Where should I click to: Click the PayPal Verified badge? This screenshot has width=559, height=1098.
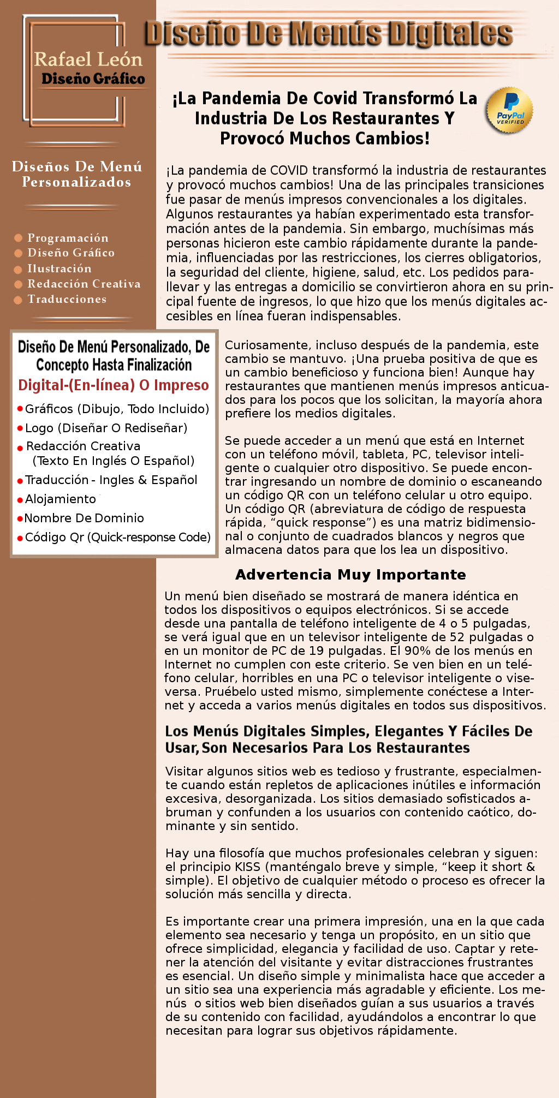(x=509, y=111)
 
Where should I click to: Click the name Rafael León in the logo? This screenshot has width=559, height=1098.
(x=88, y=59)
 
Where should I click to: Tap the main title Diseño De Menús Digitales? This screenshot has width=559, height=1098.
(x=329, y=34)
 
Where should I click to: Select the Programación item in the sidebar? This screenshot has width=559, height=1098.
(x=68, y=238)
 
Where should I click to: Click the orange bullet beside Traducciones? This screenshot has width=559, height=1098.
(x=18, y=300)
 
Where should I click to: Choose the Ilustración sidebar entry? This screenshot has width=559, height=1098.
(x=60, y=268)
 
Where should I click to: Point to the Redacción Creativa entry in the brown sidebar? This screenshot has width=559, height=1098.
(x=84, y=284)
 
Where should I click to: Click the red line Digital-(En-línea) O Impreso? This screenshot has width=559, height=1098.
(x=114, y=385)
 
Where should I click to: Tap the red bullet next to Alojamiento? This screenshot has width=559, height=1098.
(x=20, y=500)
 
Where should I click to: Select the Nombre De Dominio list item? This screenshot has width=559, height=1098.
(x=84, y=518)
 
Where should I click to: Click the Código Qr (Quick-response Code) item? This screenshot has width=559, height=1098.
(x=117, y=537)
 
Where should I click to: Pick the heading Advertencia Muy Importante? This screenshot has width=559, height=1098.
(x=350, y=575)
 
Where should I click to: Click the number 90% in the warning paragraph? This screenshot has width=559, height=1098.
(x=418, y=651)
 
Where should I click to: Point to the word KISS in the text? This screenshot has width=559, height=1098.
(x=247, y=867)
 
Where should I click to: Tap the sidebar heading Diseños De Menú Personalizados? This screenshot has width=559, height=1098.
(x=77, y=174)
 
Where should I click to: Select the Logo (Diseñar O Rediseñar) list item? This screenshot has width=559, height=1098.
(x=106, y=428)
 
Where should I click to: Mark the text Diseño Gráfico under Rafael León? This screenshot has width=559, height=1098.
(x=93, y=79)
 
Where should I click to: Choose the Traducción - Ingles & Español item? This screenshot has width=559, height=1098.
(x=111, y=480)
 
